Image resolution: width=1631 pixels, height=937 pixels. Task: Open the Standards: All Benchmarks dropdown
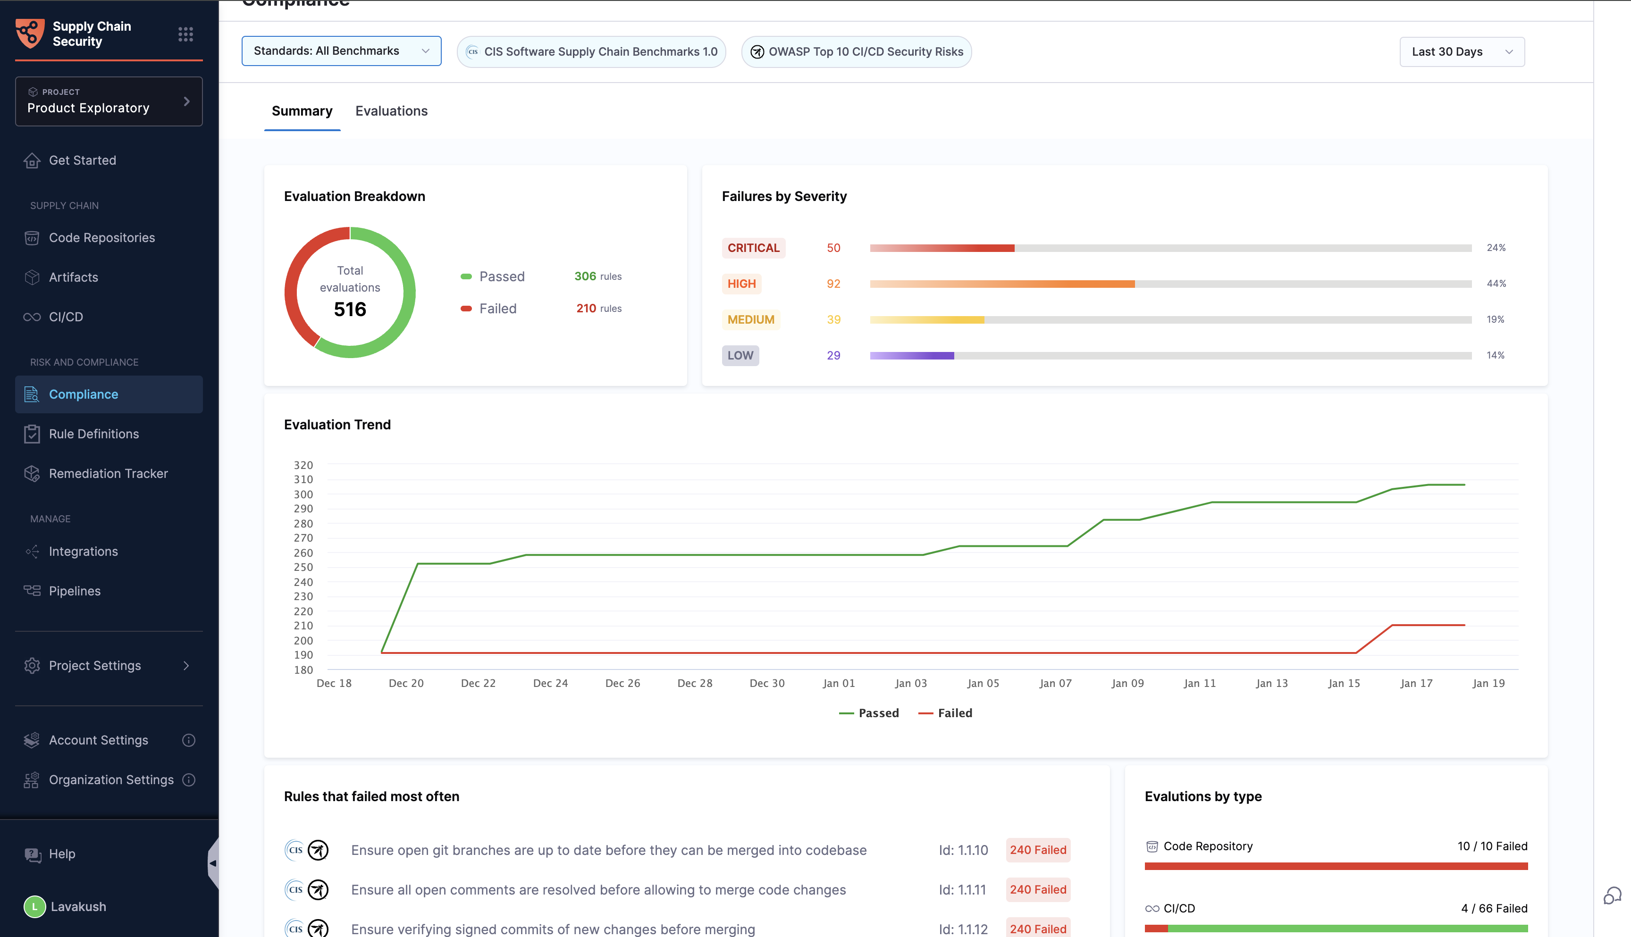[341, 51]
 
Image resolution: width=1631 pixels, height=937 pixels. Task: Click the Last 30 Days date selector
[1461, 51]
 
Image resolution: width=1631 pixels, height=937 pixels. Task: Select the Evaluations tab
[391, 111]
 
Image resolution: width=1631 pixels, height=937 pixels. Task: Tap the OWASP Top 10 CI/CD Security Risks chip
[856, 51]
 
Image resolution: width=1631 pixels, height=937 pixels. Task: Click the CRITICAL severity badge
[753, 248]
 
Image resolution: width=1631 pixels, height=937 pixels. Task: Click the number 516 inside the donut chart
[350, 310]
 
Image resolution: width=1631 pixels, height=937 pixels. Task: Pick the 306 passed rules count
[585, 276]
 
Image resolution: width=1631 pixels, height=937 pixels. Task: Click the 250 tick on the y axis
[303, 567]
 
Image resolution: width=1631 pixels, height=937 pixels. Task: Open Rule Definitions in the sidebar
[94, 434]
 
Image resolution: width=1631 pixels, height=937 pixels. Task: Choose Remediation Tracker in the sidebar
[108, 474]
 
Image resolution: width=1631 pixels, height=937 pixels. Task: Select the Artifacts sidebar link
[73, 277]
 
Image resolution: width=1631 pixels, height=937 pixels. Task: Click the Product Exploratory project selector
[109, 102]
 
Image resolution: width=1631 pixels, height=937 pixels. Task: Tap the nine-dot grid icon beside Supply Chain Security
[185, 34]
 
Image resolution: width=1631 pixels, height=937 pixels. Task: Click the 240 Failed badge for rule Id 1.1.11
[1038, 889]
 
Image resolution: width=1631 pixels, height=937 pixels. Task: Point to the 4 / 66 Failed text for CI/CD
[1494, 908]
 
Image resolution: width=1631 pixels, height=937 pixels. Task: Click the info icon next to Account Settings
[189, 740]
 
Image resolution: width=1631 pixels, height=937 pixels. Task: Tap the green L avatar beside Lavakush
[35, 907]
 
